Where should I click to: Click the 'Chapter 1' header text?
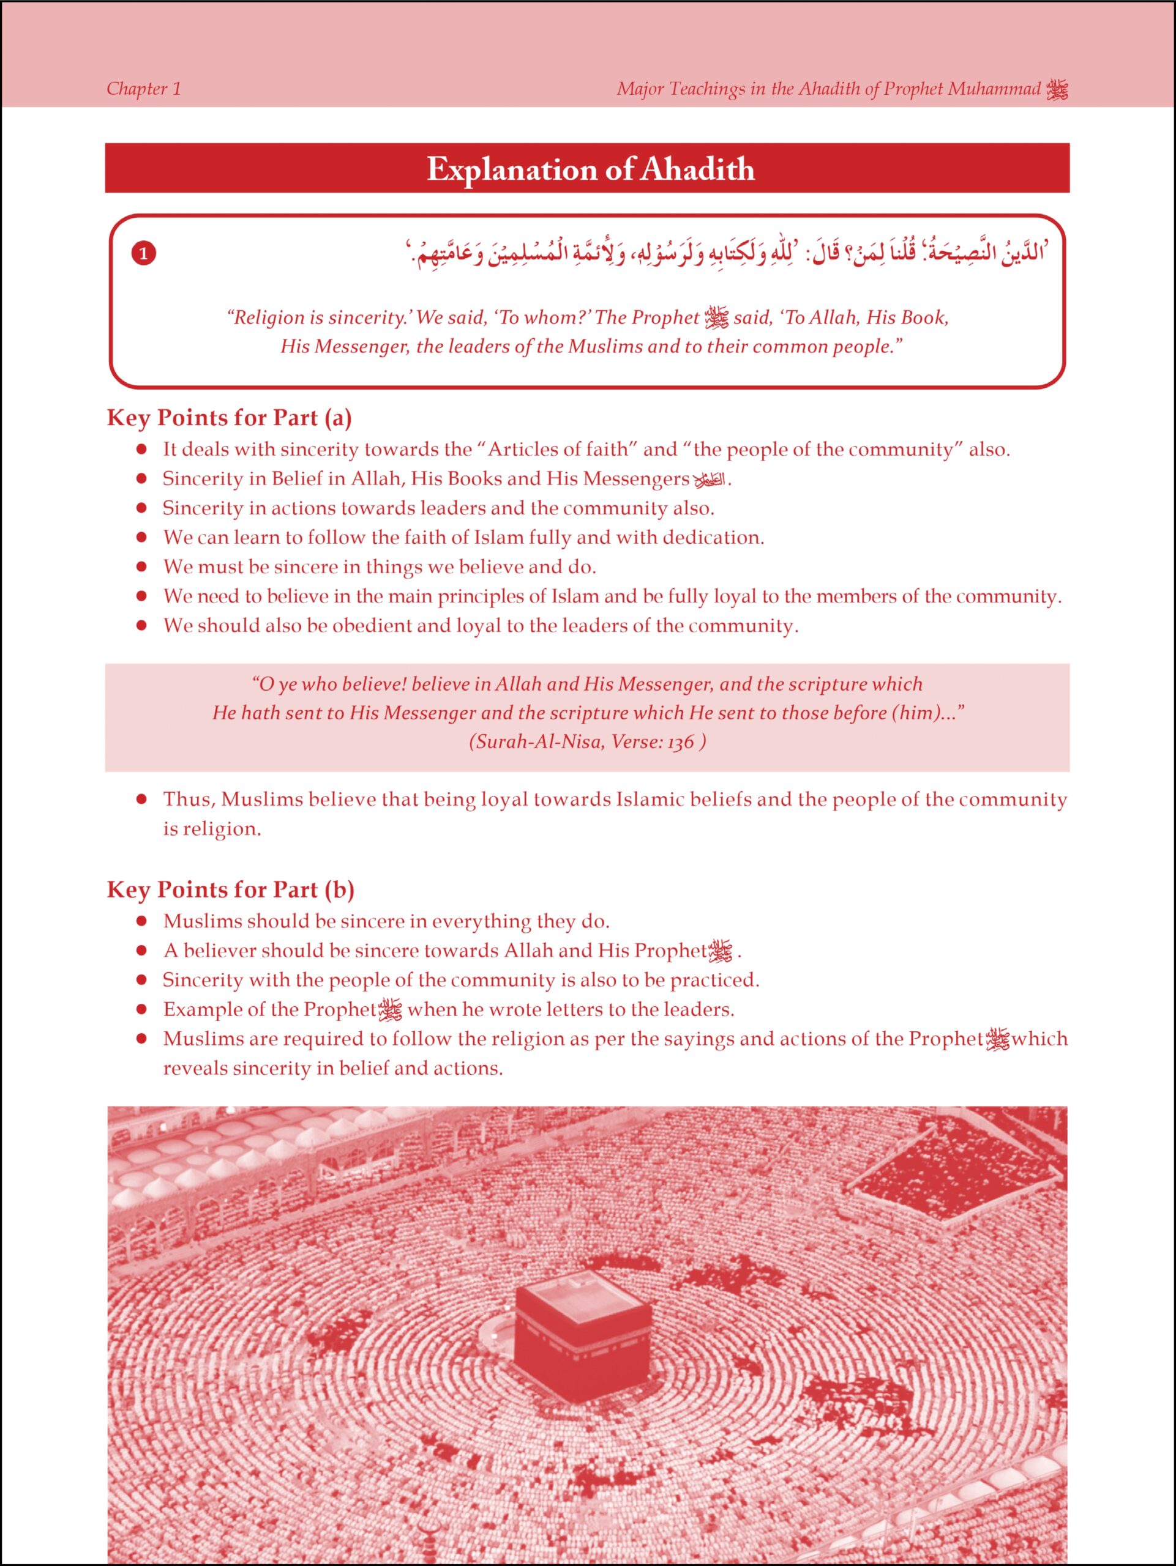pos(144,89)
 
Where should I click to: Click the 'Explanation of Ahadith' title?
pos(590,169)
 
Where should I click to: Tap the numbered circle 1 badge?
pos(144,253)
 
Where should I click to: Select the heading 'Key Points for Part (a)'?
pos(229,418)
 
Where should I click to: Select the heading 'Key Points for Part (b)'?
pos(230,889)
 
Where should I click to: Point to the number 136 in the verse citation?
pos(680,742)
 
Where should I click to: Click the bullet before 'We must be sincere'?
pos(141,566)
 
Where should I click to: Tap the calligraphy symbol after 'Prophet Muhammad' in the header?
pos(1057,90)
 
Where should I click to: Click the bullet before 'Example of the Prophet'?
pos(141,1009)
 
